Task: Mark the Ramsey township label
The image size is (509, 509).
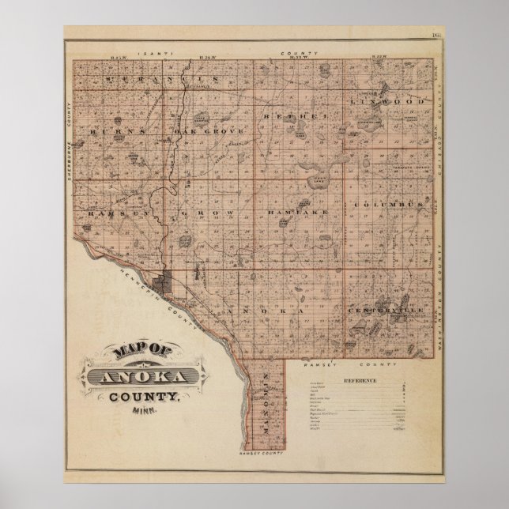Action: [108, 213]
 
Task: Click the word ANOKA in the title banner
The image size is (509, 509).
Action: [143, 376]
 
